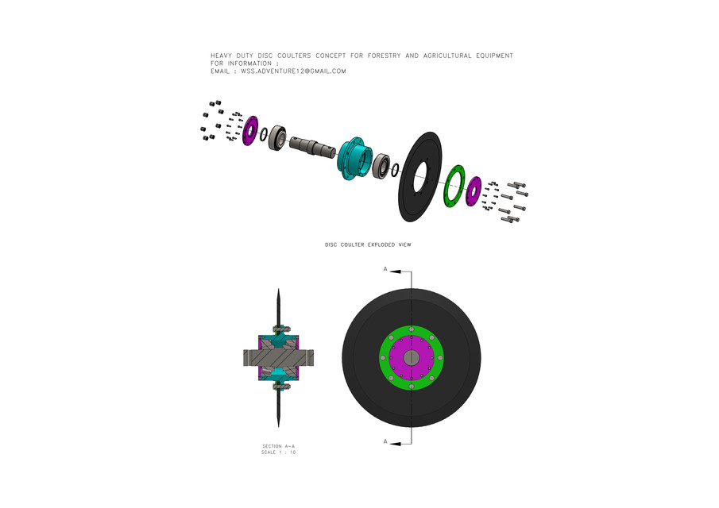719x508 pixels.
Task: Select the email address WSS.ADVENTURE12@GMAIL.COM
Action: [x=293, y=71]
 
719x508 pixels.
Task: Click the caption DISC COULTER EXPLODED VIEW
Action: [x=368, y=244]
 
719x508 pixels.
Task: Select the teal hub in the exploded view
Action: [x=353, y=159]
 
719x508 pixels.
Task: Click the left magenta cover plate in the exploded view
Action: [x=249, y=130]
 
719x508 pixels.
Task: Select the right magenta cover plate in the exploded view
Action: [x=474, y=191]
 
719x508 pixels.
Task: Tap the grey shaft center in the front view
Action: [x=411, y=358]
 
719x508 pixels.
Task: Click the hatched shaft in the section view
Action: [x=278, y=359]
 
